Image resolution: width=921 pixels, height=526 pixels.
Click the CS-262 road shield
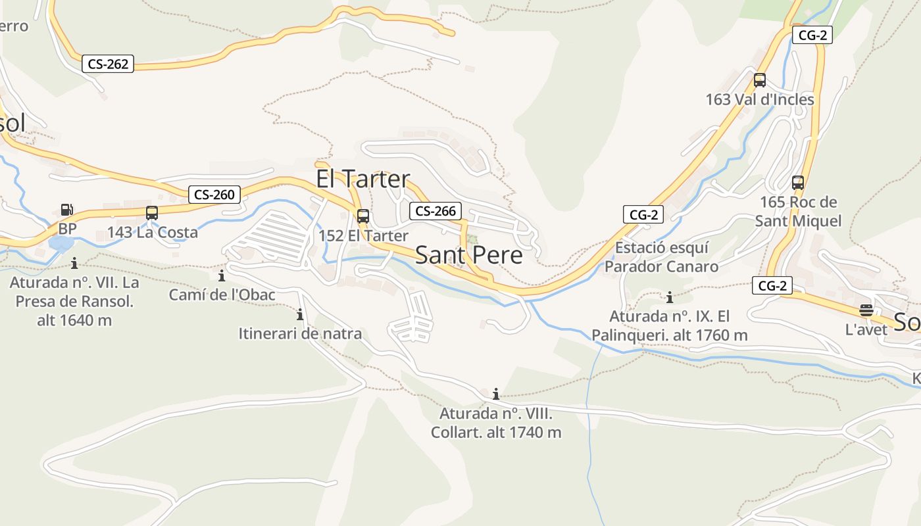coord(108,64)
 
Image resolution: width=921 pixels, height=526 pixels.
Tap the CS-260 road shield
coord(214,195)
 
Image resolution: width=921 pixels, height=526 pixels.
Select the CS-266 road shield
coord(436,211)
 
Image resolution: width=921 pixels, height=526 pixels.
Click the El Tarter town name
coord(362,179)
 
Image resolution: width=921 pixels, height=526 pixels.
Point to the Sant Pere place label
coord(468,255)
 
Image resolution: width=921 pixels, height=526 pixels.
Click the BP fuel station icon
coord(66,210)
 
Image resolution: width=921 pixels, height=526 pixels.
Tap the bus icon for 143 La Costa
coord(152,213)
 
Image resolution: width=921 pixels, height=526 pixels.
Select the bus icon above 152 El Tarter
coord(362,216)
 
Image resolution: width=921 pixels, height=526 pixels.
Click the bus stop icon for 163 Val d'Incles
coord(760,80)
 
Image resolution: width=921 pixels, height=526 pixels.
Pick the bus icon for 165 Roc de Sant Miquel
coord(798,183)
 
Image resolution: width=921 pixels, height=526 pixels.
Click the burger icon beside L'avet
coord(866,310)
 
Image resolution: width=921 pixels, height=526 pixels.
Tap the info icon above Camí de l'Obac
coord(222,275)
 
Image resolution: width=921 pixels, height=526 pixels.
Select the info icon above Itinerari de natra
coord(300,314)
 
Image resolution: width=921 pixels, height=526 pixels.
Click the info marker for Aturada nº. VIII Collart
coord(495,394)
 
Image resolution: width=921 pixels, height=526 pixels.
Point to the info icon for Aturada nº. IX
coord(670,297)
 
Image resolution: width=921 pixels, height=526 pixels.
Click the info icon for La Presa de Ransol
coord(74,263)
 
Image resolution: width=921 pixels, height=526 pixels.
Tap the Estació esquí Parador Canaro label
coord(661,257)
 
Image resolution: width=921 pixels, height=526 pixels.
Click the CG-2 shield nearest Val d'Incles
coord(812,36)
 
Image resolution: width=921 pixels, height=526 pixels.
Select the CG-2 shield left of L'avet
coord(772,286)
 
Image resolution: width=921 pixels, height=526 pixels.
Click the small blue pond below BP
coord(61,244)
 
